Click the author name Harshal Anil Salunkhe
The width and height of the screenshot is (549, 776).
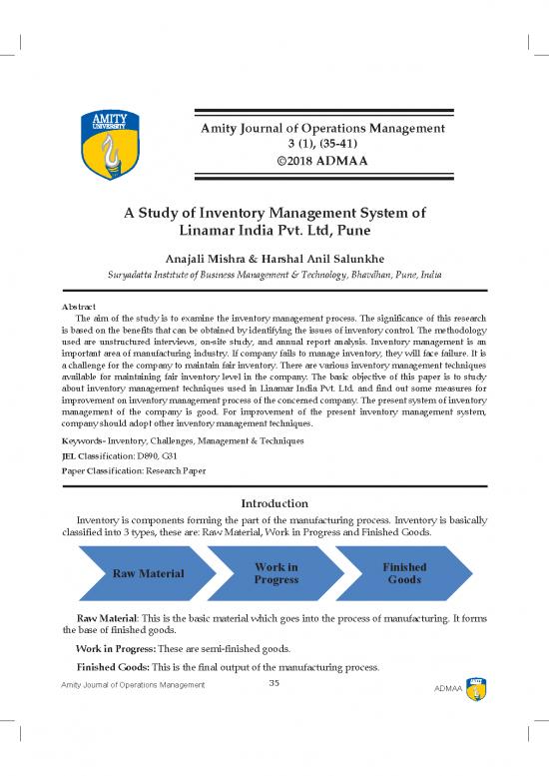pos(338,257)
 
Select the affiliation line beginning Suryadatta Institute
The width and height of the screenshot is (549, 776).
pos(274,274)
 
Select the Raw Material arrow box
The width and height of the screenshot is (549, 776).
pos(148,573)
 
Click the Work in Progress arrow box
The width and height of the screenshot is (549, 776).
pos(276,573)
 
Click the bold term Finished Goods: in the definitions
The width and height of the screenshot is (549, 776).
pos(116,665)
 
